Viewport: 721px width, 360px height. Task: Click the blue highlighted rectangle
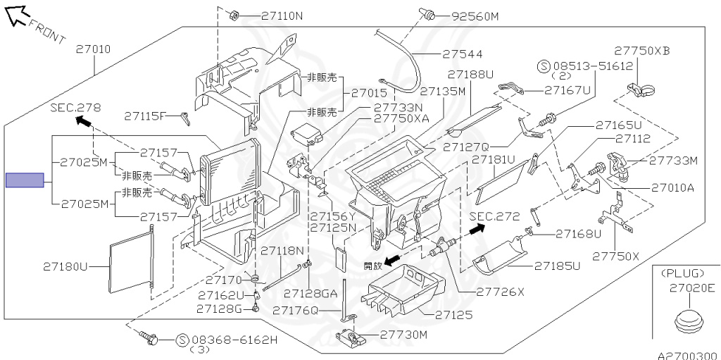coord(25,181)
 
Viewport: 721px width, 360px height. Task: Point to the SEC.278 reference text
coord(75,108)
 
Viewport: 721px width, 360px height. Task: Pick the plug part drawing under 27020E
coord(689,321)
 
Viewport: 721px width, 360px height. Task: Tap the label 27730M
coord(403,335)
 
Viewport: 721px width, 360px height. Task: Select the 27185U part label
coord(557,266)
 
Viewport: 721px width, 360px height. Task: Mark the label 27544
coord(463,53)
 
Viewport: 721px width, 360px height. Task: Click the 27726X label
coord(501,292)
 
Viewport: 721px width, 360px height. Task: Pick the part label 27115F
coord(145,116)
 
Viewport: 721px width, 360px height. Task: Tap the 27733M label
coord(673,161)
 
